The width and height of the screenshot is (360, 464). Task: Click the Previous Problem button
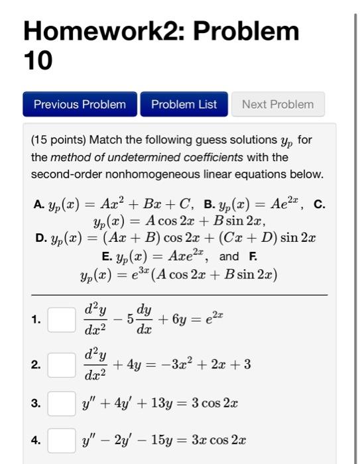tap(80, 104)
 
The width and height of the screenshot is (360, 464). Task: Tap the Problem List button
tap(184, 104)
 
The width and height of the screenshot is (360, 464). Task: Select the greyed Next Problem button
tap(278, 104)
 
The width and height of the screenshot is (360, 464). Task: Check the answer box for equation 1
tap(60, 320)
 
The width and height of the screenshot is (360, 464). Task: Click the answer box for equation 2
tap(60, 365)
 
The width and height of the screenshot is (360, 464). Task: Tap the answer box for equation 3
tap(60, 403)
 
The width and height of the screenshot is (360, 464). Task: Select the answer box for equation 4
tap(60, 439)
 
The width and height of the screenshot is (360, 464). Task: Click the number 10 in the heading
tap(38, 61)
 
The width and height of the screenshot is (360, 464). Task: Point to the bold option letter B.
tap(208, 204)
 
